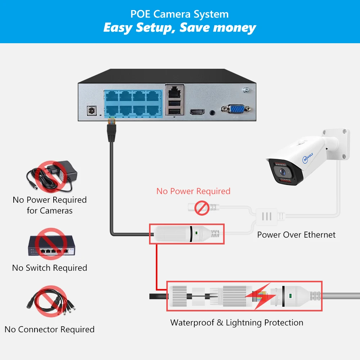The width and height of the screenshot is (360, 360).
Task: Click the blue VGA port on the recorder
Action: click(x=236, y=110)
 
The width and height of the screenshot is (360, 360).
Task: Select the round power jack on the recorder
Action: click(x=93, y=111)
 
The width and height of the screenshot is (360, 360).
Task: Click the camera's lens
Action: click(x=284, y=172)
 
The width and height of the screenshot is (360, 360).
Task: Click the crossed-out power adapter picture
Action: click(x=52, y=176)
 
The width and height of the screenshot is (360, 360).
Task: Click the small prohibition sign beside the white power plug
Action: click(x=202, y=208)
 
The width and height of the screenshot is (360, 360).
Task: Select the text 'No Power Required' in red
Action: click(x=193, y=191)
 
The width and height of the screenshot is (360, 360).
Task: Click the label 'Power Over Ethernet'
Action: click(x=296, y=235)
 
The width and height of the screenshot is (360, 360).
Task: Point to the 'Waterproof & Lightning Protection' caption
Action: click(x=237, y=323)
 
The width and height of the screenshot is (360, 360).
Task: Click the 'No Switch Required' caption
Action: click(x=50, y=268)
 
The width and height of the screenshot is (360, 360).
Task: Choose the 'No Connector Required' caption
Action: click(x=50, y=329)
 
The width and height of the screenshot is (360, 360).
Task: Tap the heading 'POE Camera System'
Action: click(x=180, y=14)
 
